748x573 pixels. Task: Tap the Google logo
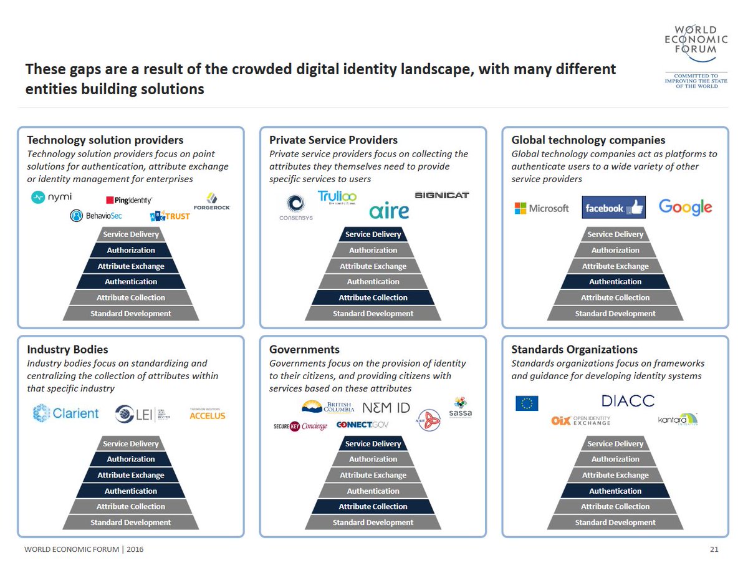click(684, 207)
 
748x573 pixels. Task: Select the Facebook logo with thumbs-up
click(613, 208)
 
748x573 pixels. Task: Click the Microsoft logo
click(541, 208)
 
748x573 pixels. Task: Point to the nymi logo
click(52, 197)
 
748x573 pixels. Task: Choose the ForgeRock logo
click(212, 202)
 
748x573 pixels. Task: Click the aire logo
click(389, 211)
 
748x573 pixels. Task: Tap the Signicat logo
click(441, 195)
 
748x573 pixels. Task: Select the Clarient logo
click(65, 413)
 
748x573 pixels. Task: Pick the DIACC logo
click(628, 400)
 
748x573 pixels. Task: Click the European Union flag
click(527, 403)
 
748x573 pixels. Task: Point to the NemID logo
click(386, 407)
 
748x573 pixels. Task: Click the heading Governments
click(304, 349)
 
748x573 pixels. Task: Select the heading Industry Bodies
click(67, 349)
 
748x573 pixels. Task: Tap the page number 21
click(714, 549)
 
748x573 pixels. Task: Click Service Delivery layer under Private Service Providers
click(373, 234)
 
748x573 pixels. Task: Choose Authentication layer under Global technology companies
click(615, 282)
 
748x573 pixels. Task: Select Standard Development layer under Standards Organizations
click(615, 522)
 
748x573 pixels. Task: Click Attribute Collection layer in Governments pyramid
click(373, 506)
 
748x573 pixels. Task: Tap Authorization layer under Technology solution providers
click(131, 250)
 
